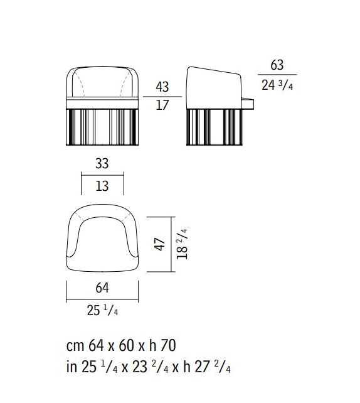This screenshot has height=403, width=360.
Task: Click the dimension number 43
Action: coord(162,87)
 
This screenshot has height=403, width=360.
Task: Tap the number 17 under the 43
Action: coord(162,105)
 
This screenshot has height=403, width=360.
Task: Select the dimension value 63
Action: coord(277,65)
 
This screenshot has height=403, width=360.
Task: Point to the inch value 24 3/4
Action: coord(277,85)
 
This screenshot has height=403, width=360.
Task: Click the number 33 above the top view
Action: coord(102,163)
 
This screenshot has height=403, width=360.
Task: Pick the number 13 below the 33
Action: coord(102,186)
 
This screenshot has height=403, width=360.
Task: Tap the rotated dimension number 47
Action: coord(160,244)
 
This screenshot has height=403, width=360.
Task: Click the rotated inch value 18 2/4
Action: coord(182,244)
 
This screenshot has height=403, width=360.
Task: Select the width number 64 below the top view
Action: coord(102,288)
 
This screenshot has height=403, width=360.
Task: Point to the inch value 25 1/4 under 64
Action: coord(102,310)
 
